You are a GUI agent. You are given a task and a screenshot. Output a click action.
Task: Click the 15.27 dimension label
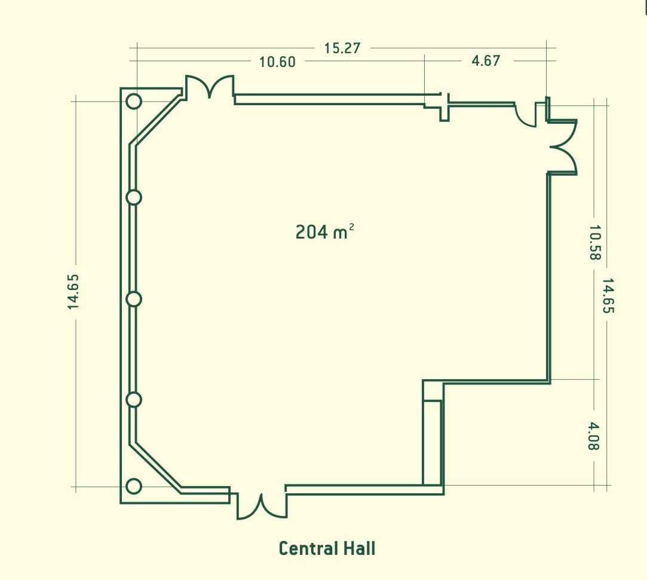coord(342,48)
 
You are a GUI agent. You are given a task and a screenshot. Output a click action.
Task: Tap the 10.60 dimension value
coord(277,62)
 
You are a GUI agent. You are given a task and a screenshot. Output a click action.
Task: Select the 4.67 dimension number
coord(486,61)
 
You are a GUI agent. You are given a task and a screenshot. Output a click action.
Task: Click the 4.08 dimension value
coord(593,436)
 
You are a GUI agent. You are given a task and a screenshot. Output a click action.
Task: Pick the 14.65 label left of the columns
coord(73,292)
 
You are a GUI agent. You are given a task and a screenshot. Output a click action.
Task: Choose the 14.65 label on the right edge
coord(608,295)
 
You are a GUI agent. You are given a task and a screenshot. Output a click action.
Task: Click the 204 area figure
coord(312,232)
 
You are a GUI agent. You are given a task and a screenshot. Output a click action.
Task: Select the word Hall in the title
coord(359,548)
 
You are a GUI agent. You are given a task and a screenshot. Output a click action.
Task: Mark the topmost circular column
coord(134,101)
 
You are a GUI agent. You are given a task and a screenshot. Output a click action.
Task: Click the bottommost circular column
coord(134,487)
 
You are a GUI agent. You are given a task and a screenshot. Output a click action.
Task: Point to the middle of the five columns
coord(134,299)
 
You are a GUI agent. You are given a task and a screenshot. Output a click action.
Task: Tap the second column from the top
coord(134,197)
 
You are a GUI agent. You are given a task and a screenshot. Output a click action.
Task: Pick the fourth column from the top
coord(134,400)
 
